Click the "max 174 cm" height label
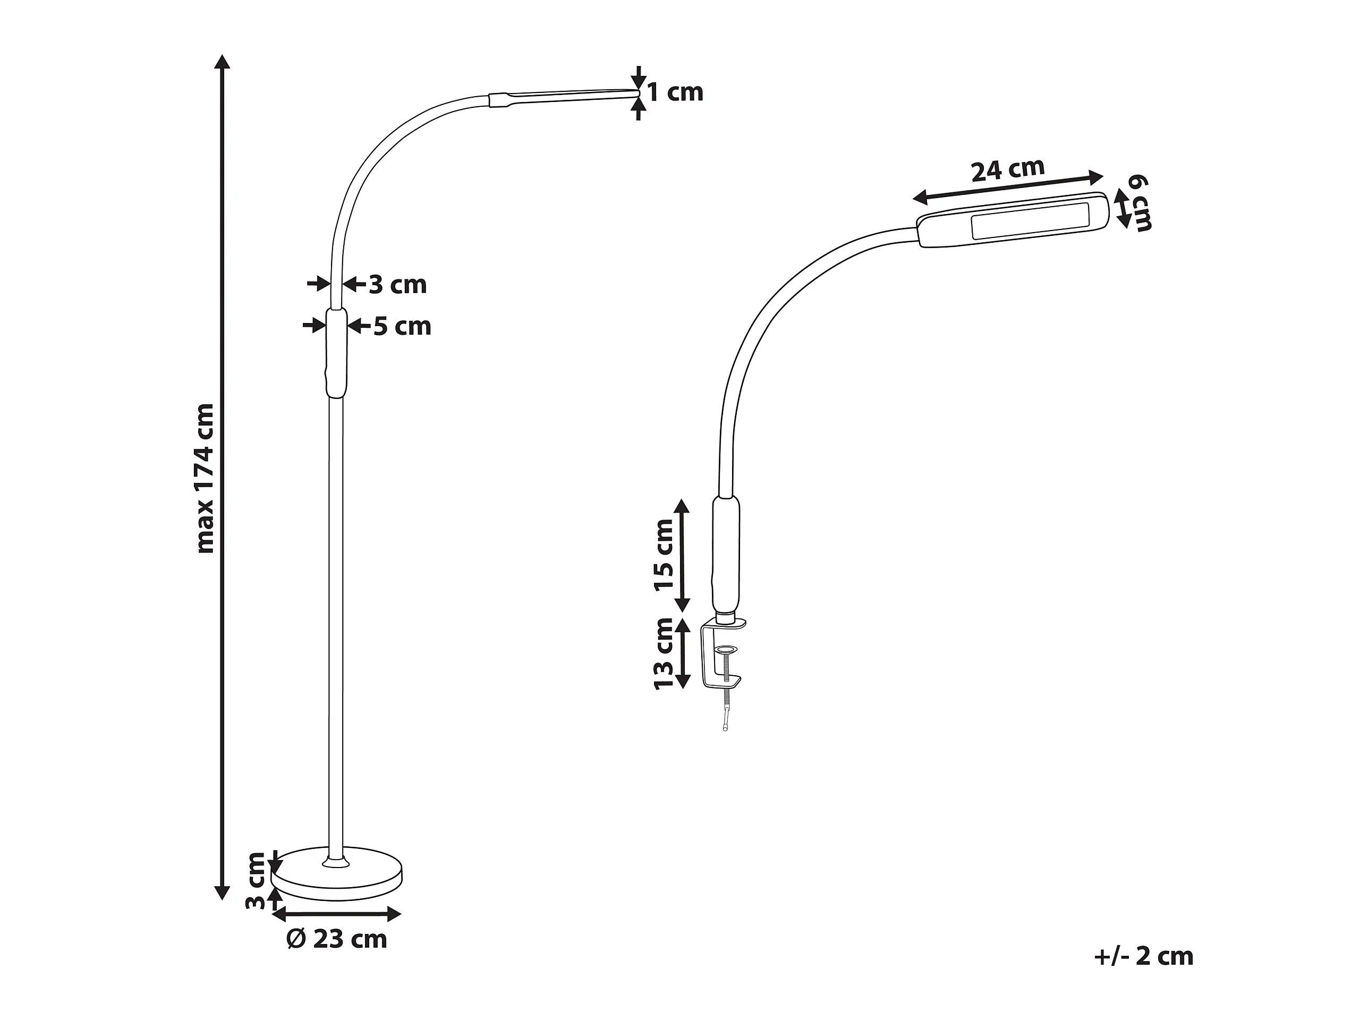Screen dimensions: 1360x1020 (x=205, y=478)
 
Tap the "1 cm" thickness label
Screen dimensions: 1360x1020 (x=675, y=92)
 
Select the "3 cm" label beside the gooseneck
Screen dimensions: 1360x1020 (x=398, y=285)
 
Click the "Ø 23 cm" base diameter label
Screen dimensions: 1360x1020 (x=337, y=939)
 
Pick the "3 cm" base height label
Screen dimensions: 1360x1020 (x=254, y=880)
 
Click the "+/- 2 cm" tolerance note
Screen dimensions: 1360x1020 (x=1144, y=956)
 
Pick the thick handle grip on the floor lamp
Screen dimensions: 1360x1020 (x=336, y=353)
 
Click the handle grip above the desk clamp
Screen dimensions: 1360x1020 (x=726, y=554)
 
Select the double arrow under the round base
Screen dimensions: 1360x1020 (x=336, y=914)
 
